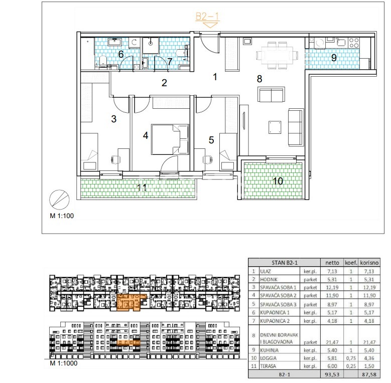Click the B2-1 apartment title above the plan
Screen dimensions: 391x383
(x=207, y=17)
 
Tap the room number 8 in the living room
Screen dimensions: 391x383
(x=259, y=79)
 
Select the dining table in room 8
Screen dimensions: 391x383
(x=277, y=55)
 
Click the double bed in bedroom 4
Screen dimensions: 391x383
(x=170, y=139)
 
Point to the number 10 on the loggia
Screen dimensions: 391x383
(x=278, y=181)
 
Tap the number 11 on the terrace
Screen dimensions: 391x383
(x=142, y=187)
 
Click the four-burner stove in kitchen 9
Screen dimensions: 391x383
(x=354, y=42)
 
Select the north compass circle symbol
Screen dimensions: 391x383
(x=59, y=200)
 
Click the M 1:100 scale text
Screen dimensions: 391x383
(x=62, y=216)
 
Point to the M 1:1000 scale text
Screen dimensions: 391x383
(x=64, y=363)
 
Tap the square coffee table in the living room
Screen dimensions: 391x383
(x=275, y=127)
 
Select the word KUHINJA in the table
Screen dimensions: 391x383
(x=270, y=350)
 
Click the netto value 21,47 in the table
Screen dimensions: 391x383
(x=332, y=342)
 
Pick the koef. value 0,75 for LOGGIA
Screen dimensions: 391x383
(x=351, y=358)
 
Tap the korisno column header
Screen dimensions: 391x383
(x=369, y=263)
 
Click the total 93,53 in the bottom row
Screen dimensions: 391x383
(x=332, y=374)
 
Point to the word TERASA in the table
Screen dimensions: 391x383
(x=268, y=366)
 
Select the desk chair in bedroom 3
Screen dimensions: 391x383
(x=115, y=159)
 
